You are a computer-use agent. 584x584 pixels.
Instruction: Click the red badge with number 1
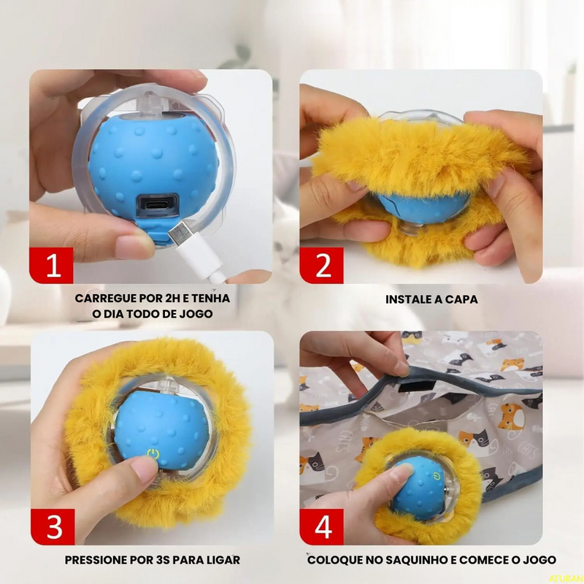[x=53, y=265]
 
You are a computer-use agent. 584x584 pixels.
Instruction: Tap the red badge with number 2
[x=323, y=265]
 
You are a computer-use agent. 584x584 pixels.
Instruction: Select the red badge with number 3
[x=53, y=527]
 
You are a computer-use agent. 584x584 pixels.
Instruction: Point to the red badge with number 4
[x=323, y=527]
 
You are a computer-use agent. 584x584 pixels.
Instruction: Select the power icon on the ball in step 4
[x=435, y=476]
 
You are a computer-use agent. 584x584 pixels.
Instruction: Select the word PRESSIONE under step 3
[x=101, y=561]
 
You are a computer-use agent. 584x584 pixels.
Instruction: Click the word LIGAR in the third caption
[x=221, y=561]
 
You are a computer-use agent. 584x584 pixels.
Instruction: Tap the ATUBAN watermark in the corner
[x=566, y=577]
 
